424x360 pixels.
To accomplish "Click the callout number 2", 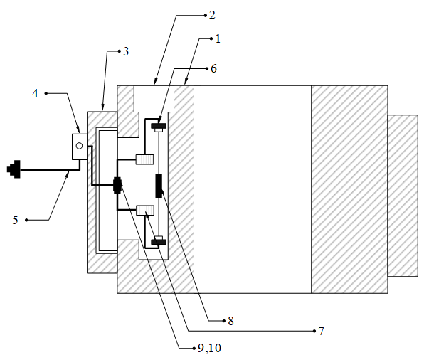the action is click(212, 16).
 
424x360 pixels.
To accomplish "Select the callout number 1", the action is click(218, 39).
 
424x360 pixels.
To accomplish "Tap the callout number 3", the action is click(126, 52).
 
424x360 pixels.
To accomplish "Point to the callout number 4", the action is click(35, 94).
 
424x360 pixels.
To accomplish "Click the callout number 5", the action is click(16, 220).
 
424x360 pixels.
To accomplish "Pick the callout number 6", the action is click(213, 69).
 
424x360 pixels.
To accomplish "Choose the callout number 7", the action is click(321, 331).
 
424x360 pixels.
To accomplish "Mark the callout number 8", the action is click(230, 321).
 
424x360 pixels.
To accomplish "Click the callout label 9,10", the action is click(209, 348).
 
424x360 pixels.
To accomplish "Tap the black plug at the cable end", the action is click(14, 169).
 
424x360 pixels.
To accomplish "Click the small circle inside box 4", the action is click(79, 146).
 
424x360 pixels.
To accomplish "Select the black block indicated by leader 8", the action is click(159, 186).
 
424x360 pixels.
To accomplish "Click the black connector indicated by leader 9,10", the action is click(117, 185).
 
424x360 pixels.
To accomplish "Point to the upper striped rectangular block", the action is click(144, 159).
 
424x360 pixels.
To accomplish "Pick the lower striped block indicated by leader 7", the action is click(145, 210).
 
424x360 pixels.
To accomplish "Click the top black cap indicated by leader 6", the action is click(159, 126).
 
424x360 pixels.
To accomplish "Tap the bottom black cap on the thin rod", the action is click(159, 242).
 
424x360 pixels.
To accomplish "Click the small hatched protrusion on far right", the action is click(403, 196).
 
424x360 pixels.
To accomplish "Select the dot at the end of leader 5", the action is click(26, 220).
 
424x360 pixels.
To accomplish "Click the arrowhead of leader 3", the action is click(102, 109).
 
